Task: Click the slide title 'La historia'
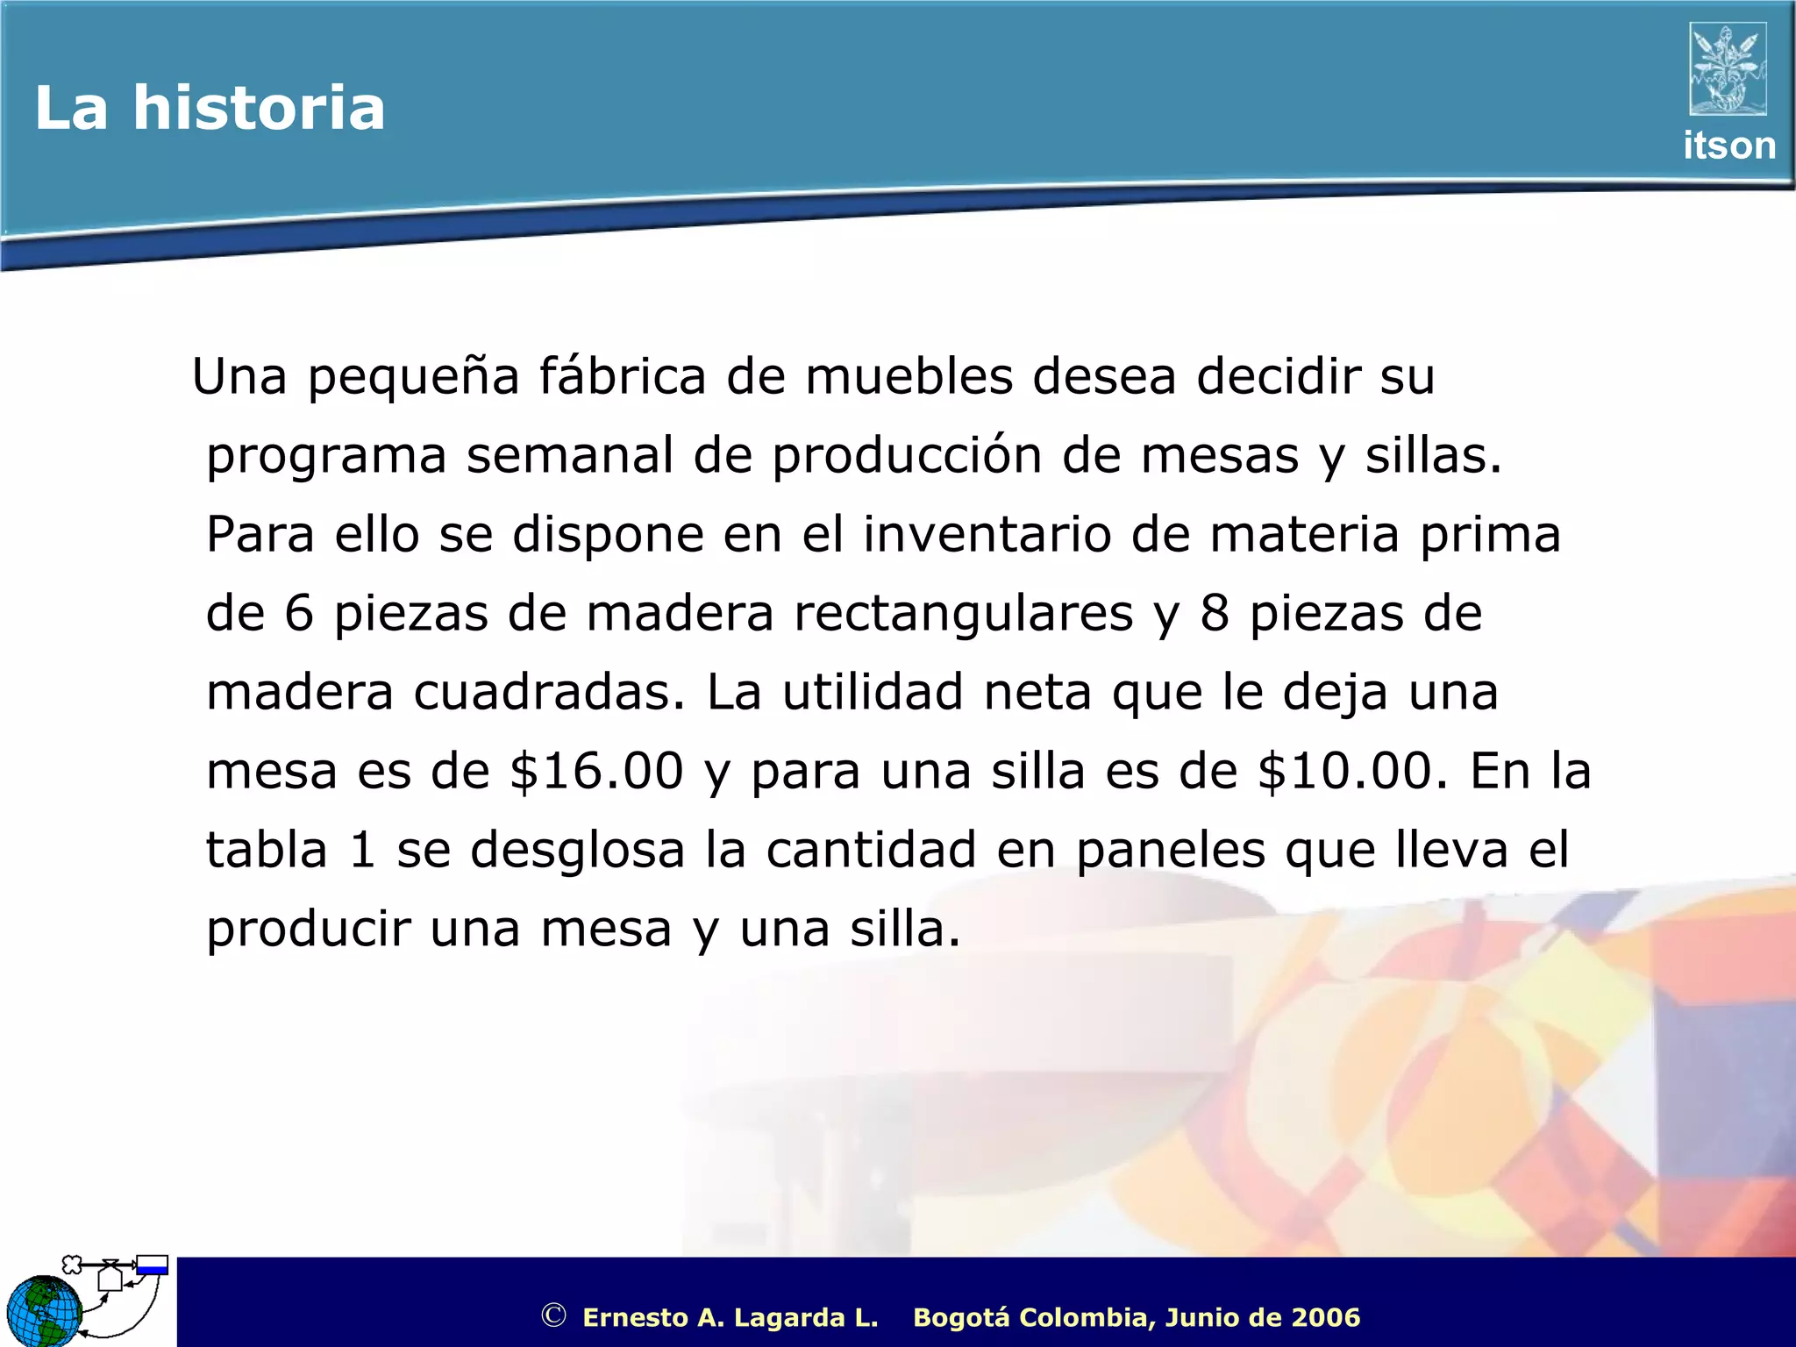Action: tap(210, 109)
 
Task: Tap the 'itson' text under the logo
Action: tap(1728, 146)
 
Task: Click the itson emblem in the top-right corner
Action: tap(1728, 69)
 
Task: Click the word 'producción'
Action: tap(907, 456)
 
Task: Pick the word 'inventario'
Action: tap(987, 534)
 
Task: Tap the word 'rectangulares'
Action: tap(963, 613)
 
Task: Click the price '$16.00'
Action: tap(596, 771)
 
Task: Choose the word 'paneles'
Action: tap(1171, 850)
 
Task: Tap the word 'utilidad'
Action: tap(873, 692)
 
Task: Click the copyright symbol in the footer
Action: tap(553, 1315)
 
